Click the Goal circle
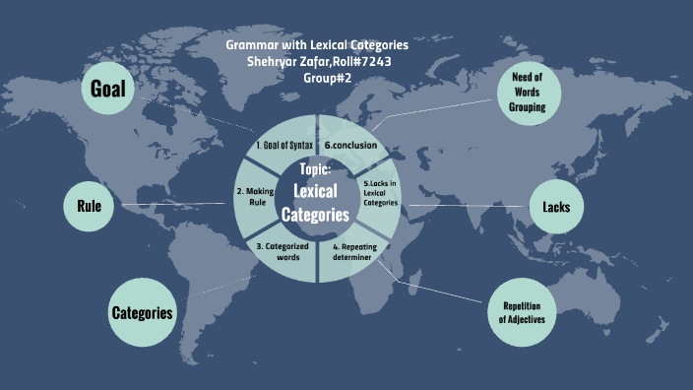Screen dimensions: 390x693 (107, 90)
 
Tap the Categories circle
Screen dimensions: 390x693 (142, 313)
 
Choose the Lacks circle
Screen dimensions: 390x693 (556, 207)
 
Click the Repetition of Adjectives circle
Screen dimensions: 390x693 (522, 311)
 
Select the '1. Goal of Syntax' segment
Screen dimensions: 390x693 (283, 146)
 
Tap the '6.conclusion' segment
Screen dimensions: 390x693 (350, 146)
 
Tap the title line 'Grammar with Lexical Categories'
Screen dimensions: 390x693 (317, 45)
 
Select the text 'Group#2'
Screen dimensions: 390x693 (316, 77)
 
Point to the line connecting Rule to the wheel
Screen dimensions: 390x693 (171, 205)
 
